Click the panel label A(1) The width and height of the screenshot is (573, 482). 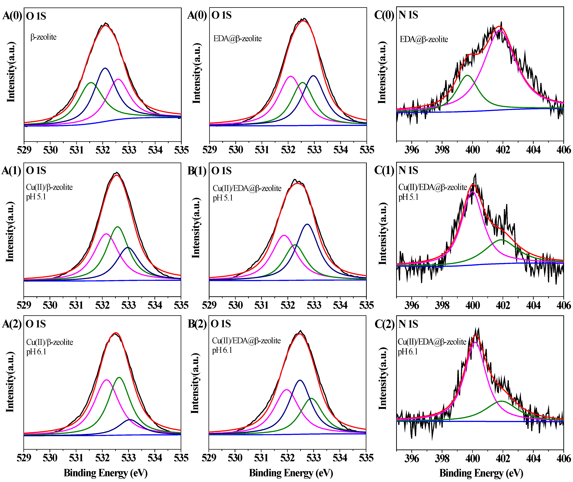coord(11,171)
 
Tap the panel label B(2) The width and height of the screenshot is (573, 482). coord(197,324)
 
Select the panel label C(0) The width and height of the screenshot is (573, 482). coord(384,15)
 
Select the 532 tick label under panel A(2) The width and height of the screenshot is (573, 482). coord(102,458)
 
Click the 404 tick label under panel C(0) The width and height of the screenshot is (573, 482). coord(533,150)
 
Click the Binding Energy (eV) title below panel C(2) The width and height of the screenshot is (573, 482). coord(481,473)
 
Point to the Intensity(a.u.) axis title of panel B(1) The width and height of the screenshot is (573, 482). coord(196,227)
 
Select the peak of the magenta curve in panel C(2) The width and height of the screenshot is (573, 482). coord(475,342)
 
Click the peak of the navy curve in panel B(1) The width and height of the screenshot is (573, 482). coord(308,224)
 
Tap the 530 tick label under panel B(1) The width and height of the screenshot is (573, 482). coord(235,305)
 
